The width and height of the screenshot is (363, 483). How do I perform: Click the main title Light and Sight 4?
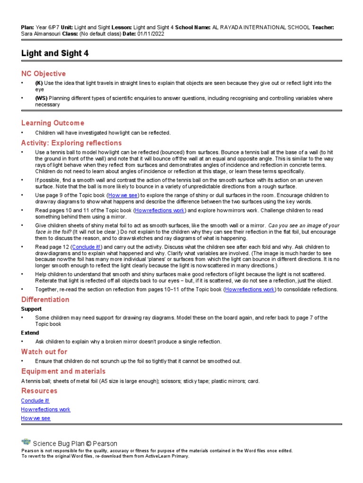pyautogui.click(x=55, y=54)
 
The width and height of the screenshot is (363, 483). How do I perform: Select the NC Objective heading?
pyautogui.click(x=43, y=74)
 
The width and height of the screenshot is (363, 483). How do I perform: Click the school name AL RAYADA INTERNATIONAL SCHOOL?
pyautogui.click(x=261, y=28)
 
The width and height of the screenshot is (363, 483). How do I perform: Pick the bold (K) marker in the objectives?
pyautogui.click(x=39, y=83)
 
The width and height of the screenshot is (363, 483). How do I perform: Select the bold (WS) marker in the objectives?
pyautogui.click(x=42, y=98)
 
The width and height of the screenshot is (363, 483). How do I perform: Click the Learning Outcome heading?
pyautogui.click(x=52, y=123)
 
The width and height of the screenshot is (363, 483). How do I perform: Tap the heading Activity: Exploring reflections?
pyautogui.click(x=71, y=143)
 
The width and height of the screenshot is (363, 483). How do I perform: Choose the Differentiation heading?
pyautogui.click(x=45, y=300)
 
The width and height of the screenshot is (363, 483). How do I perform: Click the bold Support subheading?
pyautogui.click(x=31, y=309)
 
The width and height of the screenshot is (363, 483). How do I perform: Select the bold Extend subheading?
pyautogui.click(x=30, y=333)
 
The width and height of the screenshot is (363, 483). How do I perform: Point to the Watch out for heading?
pyautogui.click(x=44, y=352)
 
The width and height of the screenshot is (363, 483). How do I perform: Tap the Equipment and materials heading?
pyautogui.click(x=63, y=371)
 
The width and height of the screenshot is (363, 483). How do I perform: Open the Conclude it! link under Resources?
pyautogui.click(x=35, y=400)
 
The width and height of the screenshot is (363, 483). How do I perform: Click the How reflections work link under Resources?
pyautogui.click(x=45, y=409)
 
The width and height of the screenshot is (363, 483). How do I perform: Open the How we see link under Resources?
pyautogui.click(x=35, y=418)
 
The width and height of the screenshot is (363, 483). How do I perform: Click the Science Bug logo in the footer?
pyautogui.click(x=26, y=442)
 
